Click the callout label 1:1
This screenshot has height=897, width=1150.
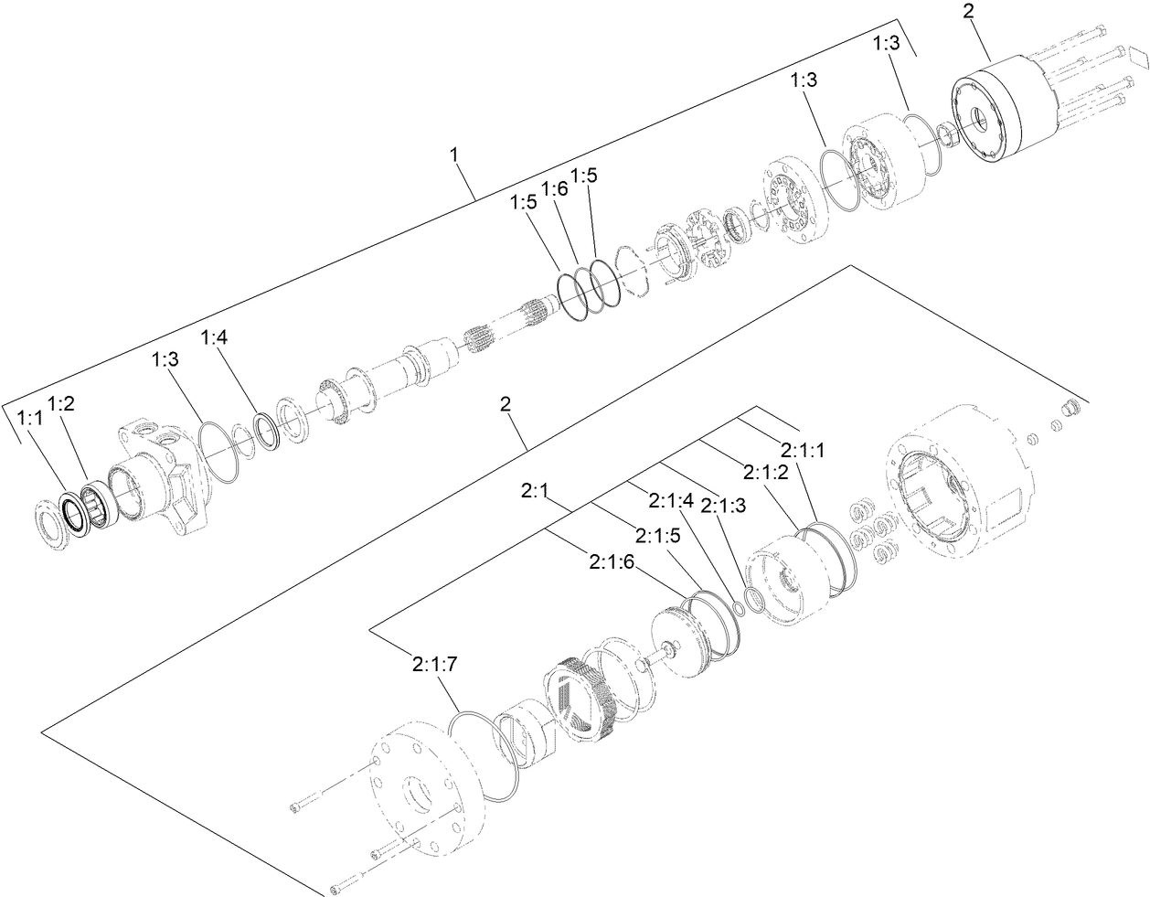[x=30, y=418]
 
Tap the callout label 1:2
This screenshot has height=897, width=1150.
[x=62, y=403]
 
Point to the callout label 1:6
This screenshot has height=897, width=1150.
[x=554, y=188]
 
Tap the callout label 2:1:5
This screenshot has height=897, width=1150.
[x=657, y=535]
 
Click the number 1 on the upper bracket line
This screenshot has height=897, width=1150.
[x=453, y=156]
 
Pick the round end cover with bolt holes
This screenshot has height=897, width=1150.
[x=417, y=789]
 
